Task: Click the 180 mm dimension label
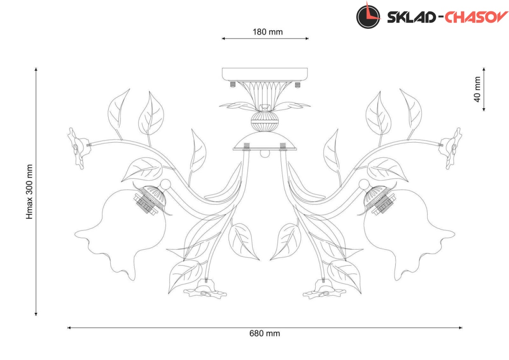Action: tap(268, 32)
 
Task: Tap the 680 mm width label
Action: tap(265, 334)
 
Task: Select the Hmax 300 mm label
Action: tap(29, 191)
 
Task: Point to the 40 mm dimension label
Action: tap(478, 90)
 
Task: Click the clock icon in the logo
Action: tap(368, 17)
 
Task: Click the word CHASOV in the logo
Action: tap(476, 17)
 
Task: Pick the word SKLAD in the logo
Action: tap(411, 17)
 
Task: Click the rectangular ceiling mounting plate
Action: tap(265, 74)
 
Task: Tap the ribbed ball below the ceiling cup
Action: tap(265, 121)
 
